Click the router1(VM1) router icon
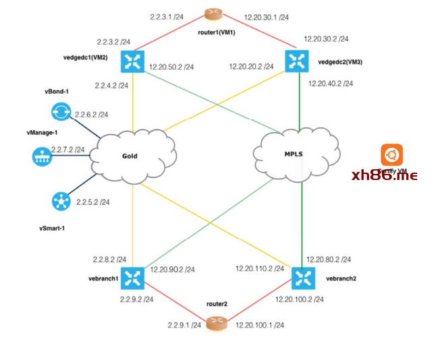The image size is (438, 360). (x=215, y=13)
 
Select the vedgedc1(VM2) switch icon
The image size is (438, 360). (x=132, y=62)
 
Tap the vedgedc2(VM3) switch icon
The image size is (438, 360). (x=296, y=61)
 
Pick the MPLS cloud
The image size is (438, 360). (x=293, y=154)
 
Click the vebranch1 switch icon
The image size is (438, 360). (x=133, y=278)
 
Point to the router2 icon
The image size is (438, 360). (x=216, y=324)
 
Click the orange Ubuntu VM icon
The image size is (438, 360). (x=391, y=154)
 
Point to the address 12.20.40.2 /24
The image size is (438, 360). (x=331, y=84)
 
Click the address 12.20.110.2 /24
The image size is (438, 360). (x=260, y=268)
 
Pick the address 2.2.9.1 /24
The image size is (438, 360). (x=184, y=325)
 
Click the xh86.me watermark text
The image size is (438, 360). (x=384, y=176)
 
